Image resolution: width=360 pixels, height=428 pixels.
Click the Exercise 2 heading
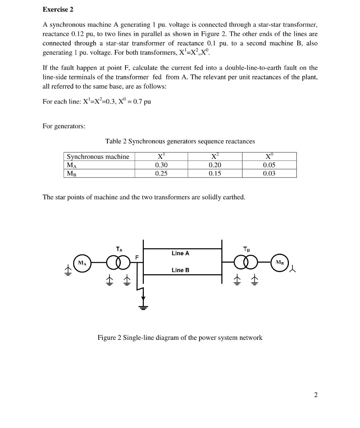pos(58,9)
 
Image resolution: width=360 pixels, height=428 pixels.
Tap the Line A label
pos(180,253)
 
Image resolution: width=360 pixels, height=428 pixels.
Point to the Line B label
pos(180,270)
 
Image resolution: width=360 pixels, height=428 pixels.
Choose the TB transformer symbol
pos(245,263)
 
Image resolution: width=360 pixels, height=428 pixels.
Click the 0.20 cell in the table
pos(214,165)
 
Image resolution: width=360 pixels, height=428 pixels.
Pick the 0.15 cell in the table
pos(214,173)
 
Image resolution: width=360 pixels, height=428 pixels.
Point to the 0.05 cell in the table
pos(269,165)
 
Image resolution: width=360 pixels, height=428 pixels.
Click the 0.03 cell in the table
pos(269,173)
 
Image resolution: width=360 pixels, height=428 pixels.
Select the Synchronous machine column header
pos(98,157)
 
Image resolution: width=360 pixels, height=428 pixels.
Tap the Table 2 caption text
pos(180,141)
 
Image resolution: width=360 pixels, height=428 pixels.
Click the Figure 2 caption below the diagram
pos(180,337)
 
